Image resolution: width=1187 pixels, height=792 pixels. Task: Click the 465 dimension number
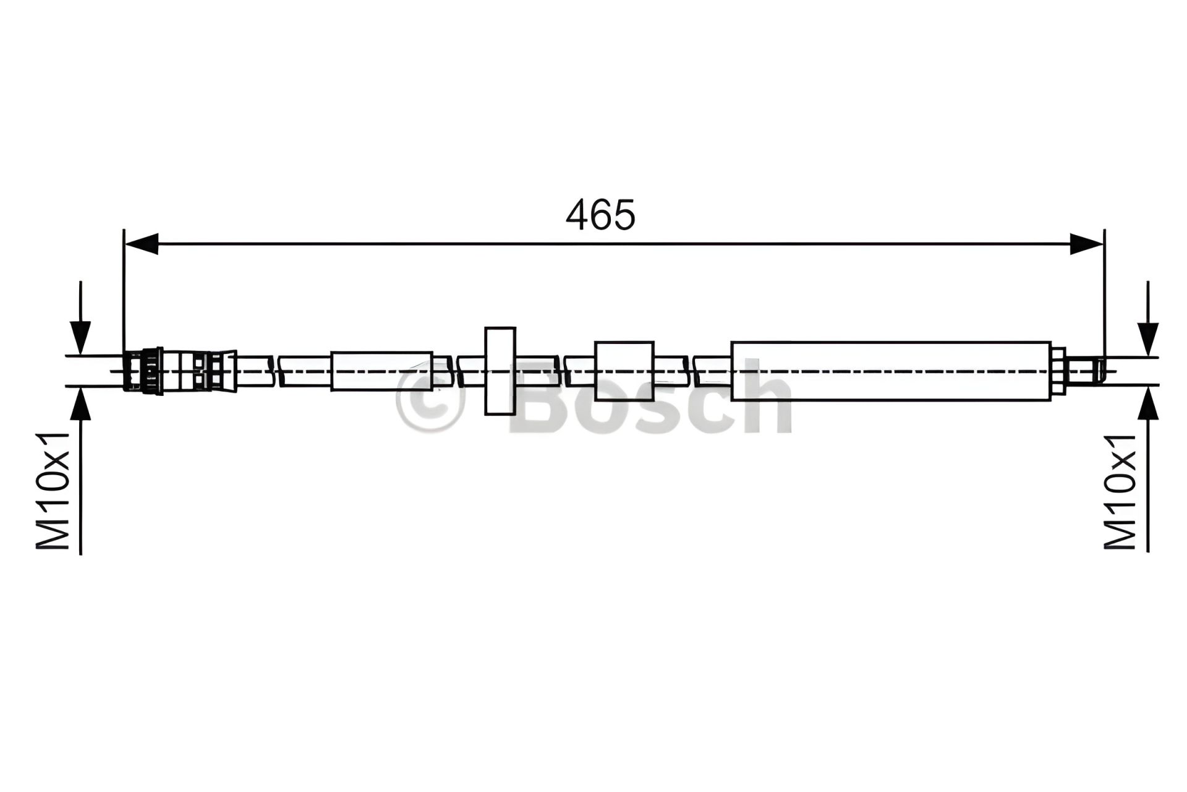600,215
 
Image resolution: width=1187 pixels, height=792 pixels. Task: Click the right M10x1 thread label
1120,491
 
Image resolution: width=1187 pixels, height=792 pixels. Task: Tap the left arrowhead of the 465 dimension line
142,244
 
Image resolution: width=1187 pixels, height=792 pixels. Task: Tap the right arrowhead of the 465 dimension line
1086,244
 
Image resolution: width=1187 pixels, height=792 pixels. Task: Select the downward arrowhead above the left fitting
80,338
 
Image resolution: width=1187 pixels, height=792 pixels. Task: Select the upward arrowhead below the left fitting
80,403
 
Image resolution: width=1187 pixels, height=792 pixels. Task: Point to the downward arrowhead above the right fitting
1148,339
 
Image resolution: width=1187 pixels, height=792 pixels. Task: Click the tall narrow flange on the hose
500,371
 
